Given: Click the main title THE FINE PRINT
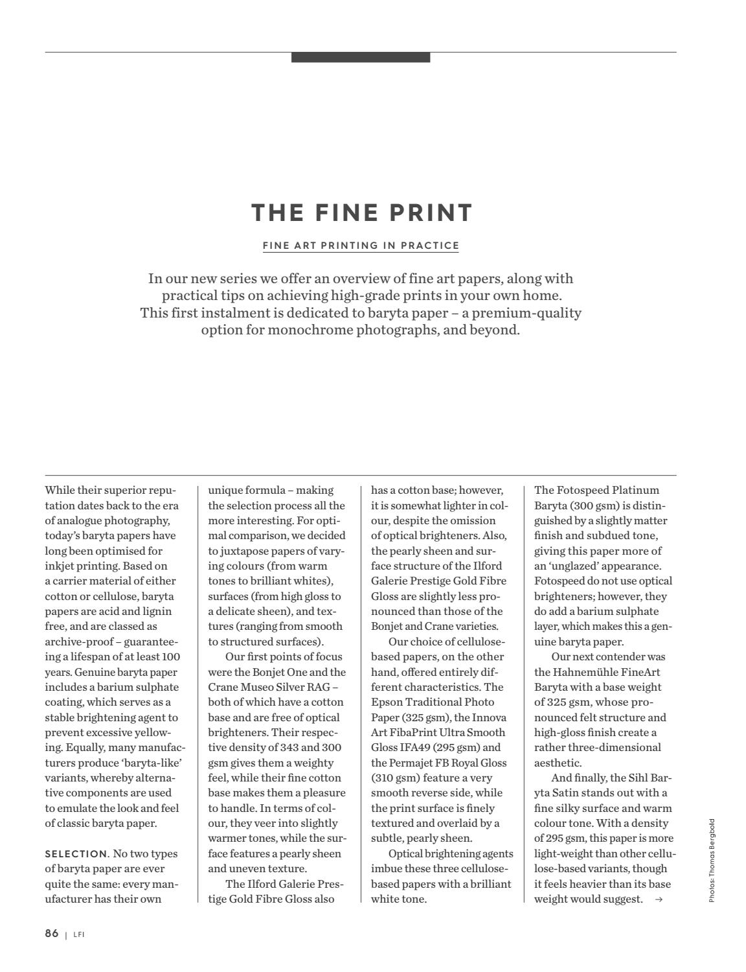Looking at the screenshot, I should coord(362,213).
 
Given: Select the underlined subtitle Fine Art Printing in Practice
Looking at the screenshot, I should coord(361,246).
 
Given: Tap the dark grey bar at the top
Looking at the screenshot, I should coord(361,58).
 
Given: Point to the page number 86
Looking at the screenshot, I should coord(52,933).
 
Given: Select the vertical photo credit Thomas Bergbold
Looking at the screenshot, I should coord(712,861).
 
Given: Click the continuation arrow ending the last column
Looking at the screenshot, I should coord(659,899).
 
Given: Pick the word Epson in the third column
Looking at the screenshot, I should coord(387,702).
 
